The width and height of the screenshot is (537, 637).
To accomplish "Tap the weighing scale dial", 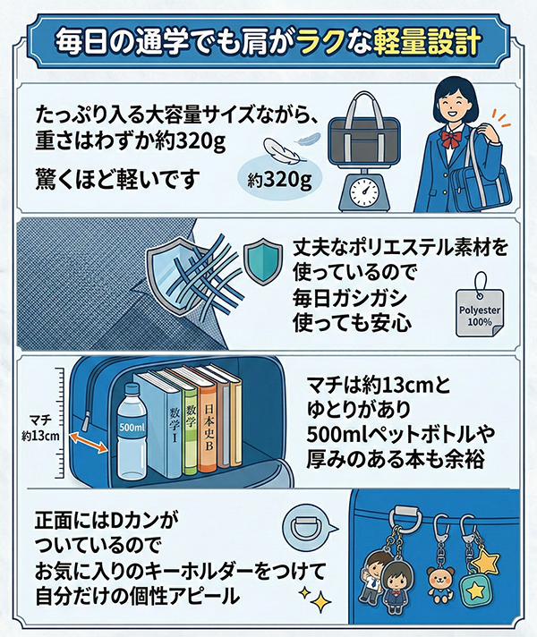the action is pos(364,191).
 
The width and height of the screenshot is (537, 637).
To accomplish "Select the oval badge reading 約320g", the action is pos(279,179).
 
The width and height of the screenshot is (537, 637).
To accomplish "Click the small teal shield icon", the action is pos(262,262).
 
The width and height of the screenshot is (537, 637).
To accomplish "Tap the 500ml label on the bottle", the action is pos(132,427).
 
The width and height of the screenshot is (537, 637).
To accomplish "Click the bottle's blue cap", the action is pos(132,389).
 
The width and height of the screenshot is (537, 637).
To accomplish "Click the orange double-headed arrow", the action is pos(89,442).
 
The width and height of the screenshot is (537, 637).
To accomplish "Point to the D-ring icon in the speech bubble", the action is pos(306,529).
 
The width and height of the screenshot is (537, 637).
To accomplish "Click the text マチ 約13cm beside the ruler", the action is pos(40,428).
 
